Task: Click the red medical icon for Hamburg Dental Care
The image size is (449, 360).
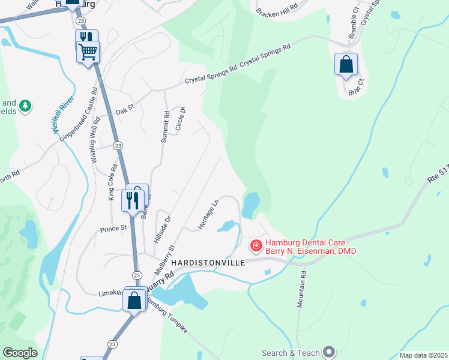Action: [256, 245]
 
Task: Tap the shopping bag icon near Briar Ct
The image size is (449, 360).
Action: [346, 65]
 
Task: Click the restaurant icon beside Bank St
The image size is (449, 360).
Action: [133, 200]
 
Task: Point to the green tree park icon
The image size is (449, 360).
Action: [25, 106]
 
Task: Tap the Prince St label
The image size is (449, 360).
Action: [113, 228]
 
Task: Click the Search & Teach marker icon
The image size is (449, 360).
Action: [329, 352]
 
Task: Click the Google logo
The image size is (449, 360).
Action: [20, 353]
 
